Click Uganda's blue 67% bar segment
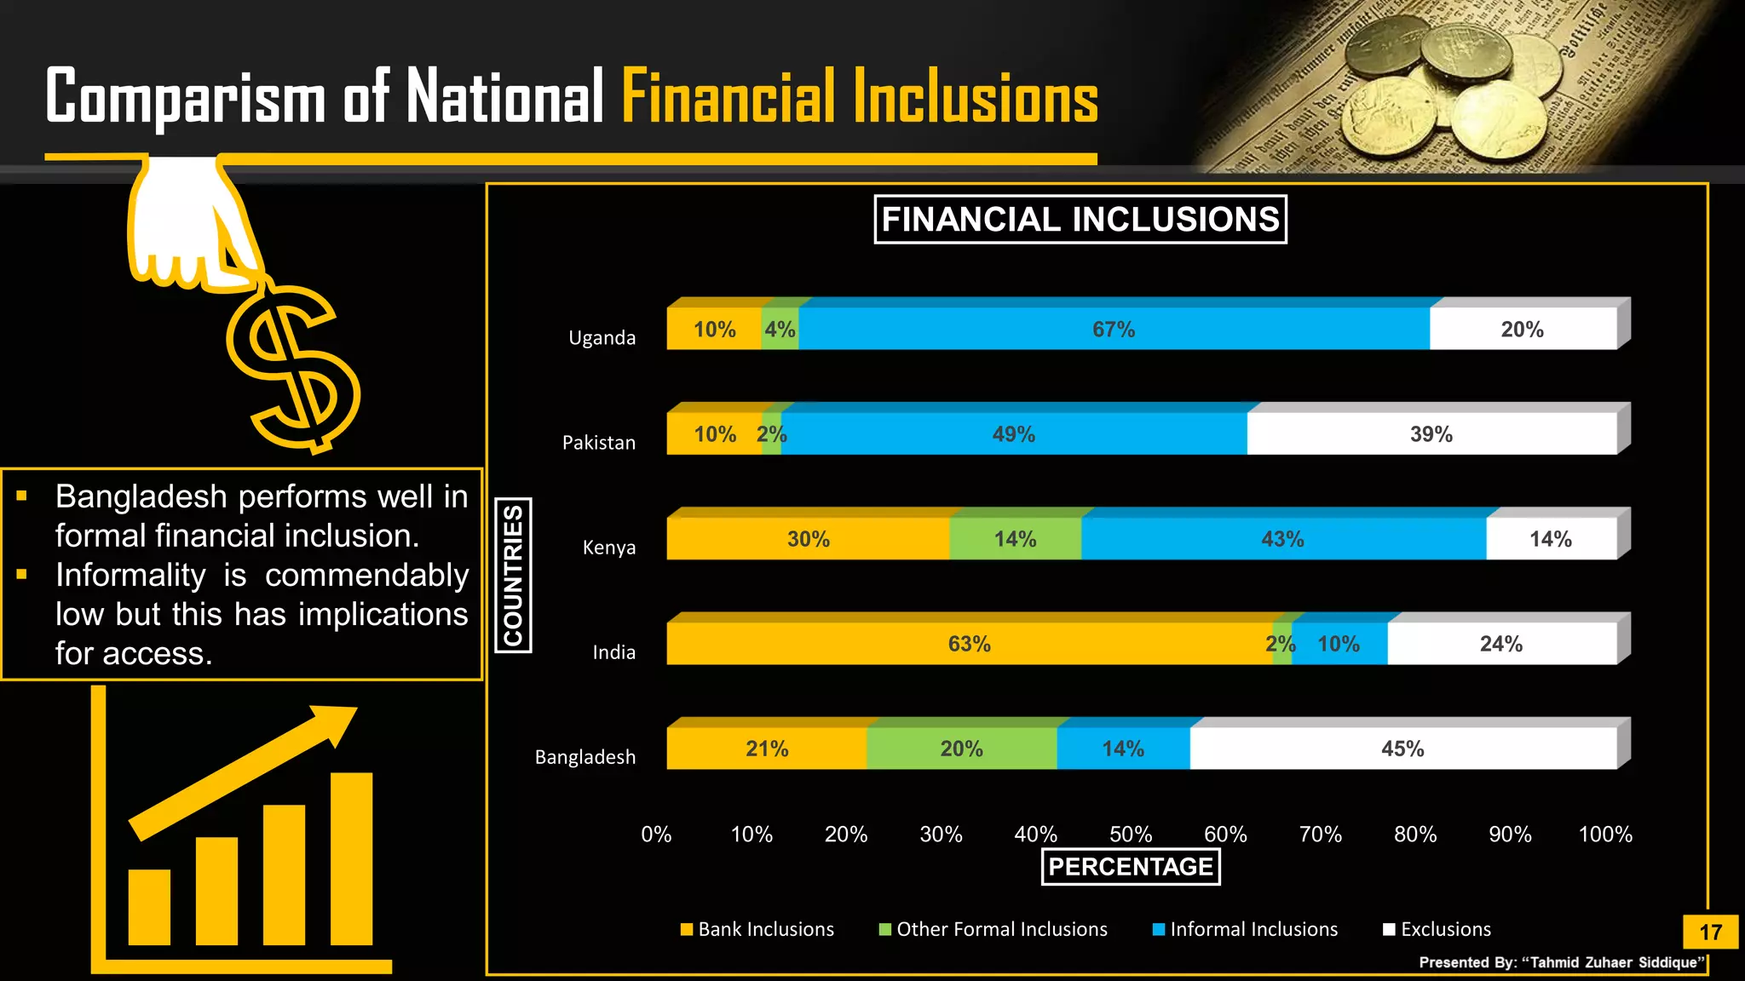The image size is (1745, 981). point(1114,329)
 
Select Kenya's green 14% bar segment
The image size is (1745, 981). point(1015,538)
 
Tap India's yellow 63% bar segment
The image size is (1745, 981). point(969,644)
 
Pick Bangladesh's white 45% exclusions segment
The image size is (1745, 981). point(1402,749)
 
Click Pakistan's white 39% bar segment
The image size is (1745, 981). point(1431,433)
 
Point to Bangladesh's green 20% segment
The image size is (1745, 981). point(961,749)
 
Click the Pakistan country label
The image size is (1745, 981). point(599,443)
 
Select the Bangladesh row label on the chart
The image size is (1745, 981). point(585,757)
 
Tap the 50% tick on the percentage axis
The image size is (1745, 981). point(1131,835)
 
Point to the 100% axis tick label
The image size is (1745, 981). point(1605,835)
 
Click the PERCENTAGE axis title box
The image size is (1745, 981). point(1131,867)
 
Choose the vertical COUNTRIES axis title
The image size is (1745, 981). point(513,576)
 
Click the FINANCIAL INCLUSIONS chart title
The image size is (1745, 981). point(1080,220)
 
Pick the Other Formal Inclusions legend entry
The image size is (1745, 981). point(993,929)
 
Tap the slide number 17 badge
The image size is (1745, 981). point(1710,932)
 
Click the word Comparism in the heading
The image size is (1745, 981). point(186,97)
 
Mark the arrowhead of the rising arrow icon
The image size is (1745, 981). point(337,722)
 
